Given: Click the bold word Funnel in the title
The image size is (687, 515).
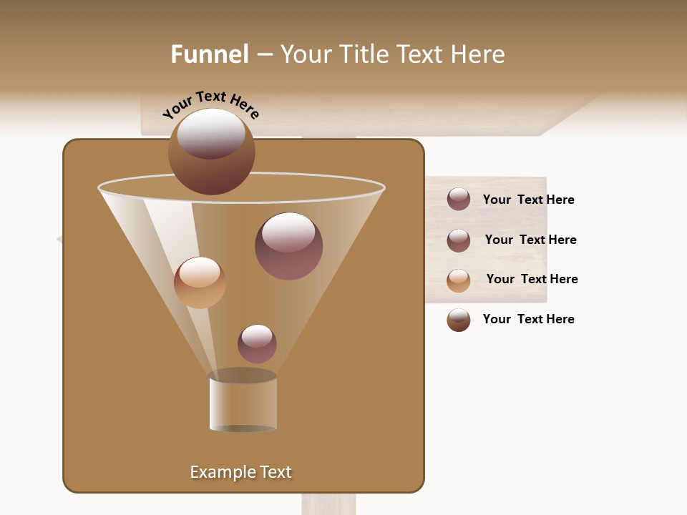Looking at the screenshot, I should pos(209,54).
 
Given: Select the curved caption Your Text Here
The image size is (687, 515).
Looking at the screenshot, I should pos(211,104).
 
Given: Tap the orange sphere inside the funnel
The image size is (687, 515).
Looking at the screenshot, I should pos(200,283).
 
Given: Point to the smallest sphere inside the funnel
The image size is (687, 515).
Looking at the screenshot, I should pos(257,344).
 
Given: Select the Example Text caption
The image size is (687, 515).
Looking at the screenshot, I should pos(240,472).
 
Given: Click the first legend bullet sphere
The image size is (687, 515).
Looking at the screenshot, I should pos(459,200).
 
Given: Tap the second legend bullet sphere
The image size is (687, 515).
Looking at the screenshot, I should pos(459,240).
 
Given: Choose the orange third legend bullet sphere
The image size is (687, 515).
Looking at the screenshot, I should pos(459,280).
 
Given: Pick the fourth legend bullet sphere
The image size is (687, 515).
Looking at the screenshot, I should pos(459,320).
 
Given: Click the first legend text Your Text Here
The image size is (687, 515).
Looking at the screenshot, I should pos(528,200).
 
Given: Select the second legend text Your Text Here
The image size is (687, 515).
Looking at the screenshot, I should pos(530,240).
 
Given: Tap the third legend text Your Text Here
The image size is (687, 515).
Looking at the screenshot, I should pos(532,280).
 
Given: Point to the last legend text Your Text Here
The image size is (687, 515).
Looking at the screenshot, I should pos(528,320).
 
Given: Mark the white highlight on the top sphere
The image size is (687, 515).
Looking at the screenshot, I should pos(211,132).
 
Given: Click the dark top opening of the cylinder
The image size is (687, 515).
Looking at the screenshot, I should pos(243,376).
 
